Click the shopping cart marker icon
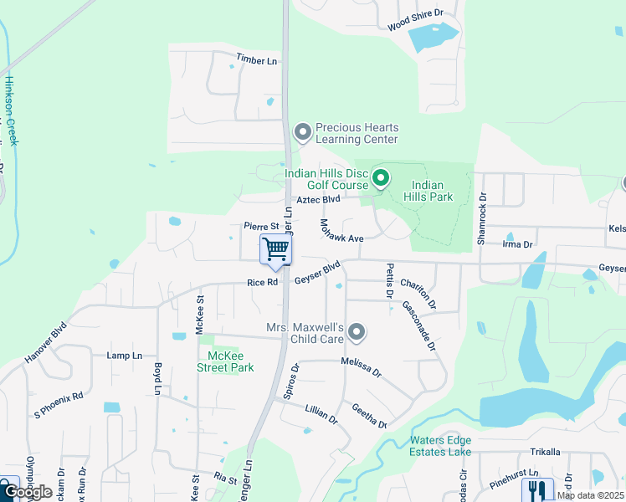click(x=275, y=248)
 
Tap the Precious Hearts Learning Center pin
click(x=302, y=131)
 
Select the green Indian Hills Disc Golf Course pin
click(x=381, y=177)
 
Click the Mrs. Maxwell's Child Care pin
click(x=357, y=332)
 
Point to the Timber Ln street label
click(x=256, y=61)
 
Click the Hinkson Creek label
click(x=11, y=111)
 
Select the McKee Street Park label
click(x=225, y=361)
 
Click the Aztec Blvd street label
click(x=319, y=200)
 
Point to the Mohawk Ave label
click(x=341, y=232)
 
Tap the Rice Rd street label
click(x=262, y=283)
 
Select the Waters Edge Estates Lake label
click(x=441, y=446)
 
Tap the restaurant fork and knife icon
click(x=537, y=490)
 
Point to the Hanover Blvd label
click(x=45, y=341)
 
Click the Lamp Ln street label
click(x=125, y=356)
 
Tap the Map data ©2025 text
click(x=590, y=495)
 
